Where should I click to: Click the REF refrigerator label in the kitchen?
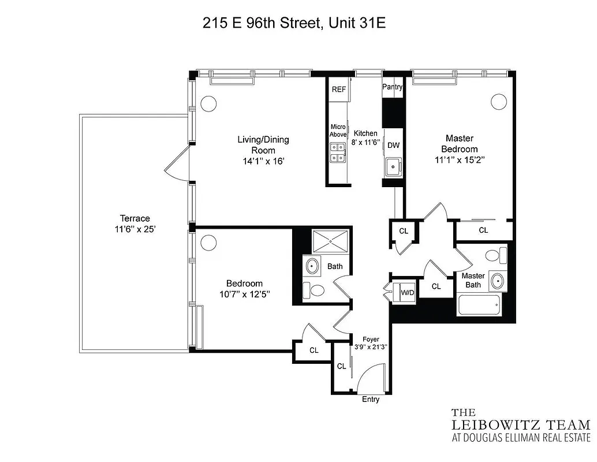click(338, 90)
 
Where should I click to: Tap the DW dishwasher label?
click(393, 146)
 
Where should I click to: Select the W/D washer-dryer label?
click(408, 293)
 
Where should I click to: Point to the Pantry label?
click(392, 87)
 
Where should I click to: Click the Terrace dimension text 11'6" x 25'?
click(135, 229)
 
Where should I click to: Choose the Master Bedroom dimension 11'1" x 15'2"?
click(460, 160)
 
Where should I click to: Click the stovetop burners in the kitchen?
click(338, 152)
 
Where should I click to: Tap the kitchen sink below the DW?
click(393, 168)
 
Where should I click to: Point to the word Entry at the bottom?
click(371, 400)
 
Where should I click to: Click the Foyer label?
click(370, 339)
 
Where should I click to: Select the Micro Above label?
click(338, 131)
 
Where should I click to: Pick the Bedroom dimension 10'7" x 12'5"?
click(244, 294)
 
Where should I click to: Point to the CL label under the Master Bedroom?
click(483, 230)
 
